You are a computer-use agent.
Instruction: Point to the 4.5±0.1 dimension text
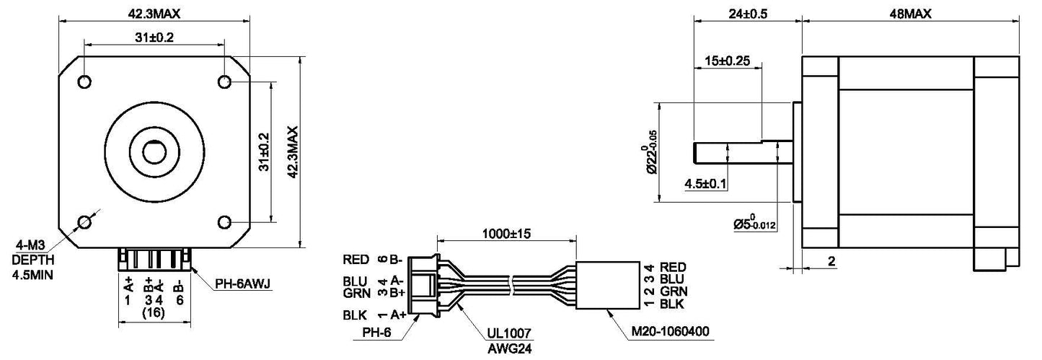(x=705, y=184)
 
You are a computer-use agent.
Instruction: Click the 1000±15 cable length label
(x=506, y=234)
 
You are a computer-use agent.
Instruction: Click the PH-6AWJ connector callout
(x=242, y=284)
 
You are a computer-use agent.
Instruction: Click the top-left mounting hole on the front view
(x=84, y=81)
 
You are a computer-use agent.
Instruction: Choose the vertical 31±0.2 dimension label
(x=264, y=152)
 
